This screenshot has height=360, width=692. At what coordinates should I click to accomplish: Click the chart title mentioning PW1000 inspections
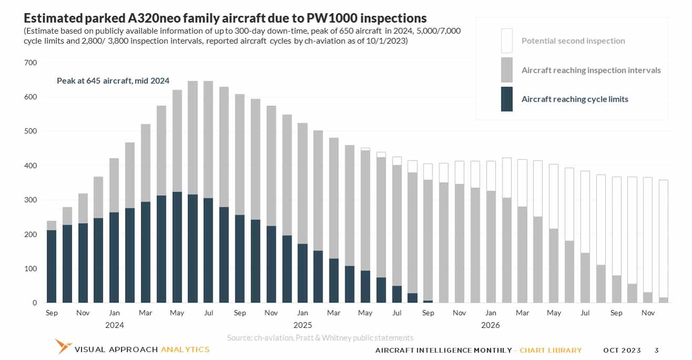225,18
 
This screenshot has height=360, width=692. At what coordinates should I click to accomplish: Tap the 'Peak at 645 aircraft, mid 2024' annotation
113,81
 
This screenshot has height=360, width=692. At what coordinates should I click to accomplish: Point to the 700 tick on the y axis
31,63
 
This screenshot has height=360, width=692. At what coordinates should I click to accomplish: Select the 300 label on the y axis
31,200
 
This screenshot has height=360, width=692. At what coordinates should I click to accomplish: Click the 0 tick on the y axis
35,303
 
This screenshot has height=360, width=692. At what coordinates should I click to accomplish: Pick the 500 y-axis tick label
31,131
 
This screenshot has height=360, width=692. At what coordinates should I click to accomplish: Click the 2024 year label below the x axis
114,325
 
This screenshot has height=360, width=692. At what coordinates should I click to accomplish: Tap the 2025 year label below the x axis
303,325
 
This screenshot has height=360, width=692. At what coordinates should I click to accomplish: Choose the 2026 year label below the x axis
490,325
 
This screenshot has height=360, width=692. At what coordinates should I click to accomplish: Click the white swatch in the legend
507,41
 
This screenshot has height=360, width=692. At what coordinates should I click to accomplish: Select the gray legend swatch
507,70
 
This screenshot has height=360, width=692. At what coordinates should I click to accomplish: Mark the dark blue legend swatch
507,99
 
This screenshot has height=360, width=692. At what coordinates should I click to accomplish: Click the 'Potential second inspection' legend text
573,41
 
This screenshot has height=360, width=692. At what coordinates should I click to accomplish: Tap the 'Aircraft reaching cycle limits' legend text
575,99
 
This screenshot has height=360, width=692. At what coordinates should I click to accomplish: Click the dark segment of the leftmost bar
52,266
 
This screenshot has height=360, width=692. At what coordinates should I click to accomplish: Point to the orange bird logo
64,346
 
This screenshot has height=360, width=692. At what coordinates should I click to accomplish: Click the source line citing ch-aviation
320,338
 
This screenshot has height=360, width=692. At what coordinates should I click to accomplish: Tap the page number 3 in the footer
656,351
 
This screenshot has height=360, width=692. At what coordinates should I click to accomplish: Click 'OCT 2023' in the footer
622,351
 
